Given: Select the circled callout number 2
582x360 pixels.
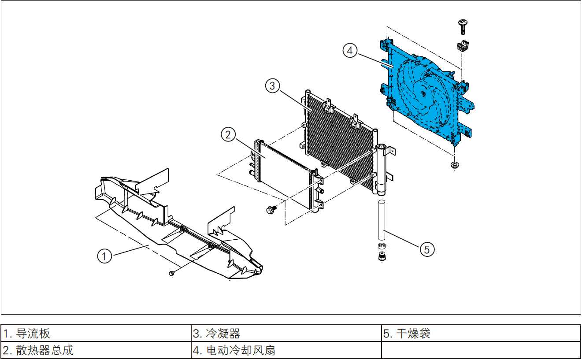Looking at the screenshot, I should pos(228,135).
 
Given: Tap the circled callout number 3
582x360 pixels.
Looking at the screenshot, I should pos(273,86).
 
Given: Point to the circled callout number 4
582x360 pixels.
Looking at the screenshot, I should pos(350,51).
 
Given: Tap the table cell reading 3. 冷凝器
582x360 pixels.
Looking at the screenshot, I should pos(286,333).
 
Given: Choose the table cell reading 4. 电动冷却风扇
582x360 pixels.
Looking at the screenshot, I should pos(286,350).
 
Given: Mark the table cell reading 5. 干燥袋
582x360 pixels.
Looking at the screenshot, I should pos(481,333).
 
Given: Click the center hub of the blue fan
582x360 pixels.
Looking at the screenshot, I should pos(423,93).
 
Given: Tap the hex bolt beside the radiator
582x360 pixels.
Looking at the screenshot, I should pos(270,210).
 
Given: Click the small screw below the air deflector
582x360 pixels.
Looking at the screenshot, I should pos(172,274).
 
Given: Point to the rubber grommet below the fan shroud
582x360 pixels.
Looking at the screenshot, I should pos(454,165).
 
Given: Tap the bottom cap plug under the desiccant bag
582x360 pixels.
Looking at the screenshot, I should pos(382,257).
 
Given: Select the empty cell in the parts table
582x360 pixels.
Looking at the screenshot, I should pos(481,350).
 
